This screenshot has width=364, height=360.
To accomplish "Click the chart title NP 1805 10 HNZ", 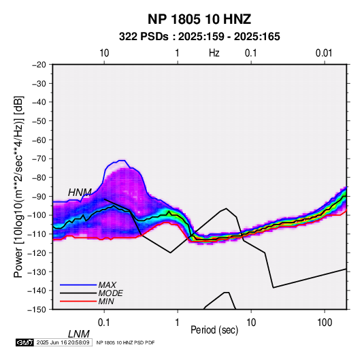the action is coord(199,19).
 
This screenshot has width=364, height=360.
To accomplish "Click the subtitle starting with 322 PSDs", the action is coord(199,37).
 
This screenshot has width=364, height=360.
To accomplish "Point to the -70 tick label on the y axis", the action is coord(39,159).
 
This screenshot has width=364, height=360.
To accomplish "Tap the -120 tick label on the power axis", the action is coord(37,253).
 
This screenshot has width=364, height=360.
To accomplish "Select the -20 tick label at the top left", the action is coord(39,65).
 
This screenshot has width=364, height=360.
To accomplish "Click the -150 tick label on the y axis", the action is coord(37,310).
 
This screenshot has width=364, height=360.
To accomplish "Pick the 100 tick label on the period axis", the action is coord(325,323).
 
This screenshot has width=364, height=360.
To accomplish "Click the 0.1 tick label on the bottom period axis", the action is coord(103,323).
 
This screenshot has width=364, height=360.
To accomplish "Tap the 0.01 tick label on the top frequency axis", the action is coord(324,53).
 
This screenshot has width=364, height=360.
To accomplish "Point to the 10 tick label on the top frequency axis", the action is coord(104,53).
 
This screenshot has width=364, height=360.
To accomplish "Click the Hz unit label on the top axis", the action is coord(214,53).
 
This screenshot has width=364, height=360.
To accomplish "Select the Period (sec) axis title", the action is coord(214,330).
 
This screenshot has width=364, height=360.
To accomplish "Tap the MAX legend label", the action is coord(107,285).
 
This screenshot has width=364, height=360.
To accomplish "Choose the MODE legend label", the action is coord(110,293).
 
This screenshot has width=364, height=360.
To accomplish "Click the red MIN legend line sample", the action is coord(78,301).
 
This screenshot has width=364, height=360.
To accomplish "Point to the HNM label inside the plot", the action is coord(80,193).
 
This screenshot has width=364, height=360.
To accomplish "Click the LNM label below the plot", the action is coord(79,334).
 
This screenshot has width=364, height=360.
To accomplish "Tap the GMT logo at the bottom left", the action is coord(25,342).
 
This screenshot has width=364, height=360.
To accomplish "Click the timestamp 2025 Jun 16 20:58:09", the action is coord(63,342).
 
